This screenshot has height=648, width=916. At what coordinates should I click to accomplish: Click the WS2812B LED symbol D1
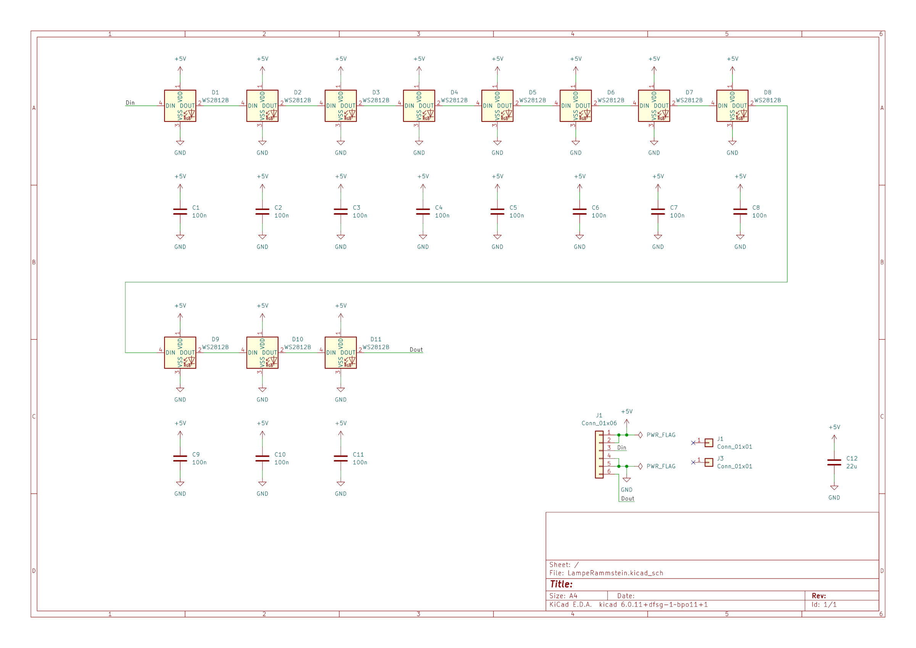180,106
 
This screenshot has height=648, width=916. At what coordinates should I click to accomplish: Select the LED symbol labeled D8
732,106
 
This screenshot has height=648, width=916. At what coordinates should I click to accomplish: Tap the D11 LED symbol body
340,352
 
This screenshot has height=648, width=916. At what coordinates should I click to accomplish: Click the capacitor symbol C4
423,212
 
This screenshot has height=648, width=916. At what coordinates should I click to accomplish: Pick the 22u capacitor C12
834,462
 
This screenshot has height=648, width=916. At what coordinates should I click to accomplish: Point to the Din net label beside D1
130,103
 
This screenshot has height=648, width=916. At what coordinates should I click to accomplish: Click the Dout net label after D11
416,350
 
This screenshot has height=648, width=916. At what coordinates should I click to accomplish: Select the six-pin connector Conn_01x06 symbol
599,454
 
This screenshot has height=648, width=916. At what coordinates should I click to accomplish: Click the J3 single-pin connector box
708,462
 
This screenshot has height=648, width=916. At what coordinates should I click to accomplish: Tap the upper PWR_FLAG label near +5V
661,435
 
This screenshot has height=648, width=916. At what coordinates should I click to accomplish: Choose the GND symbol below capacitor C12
834,488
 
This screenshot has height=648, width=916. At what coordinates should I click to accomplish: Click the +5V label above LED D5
497,59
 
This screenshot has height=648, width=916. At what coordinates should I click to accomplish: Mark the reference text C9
196,454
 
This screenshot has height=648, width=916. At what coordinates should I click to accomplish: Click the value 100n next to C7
677,216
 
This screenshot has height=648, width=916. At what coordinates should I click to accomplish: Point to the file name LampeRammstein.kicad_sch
615,573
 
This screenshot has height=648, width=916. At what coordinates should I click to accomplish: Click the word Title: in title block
561,584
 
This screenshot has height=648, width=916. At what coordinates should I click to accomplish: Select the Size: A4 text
563,596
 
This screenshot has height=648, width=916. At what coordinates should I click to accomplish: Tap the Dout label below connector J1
627,499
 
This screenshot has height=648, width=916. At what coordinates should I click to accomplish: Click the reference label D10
298,339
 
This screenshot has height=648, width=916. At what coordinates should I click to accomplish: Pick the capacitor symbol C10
262,458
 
